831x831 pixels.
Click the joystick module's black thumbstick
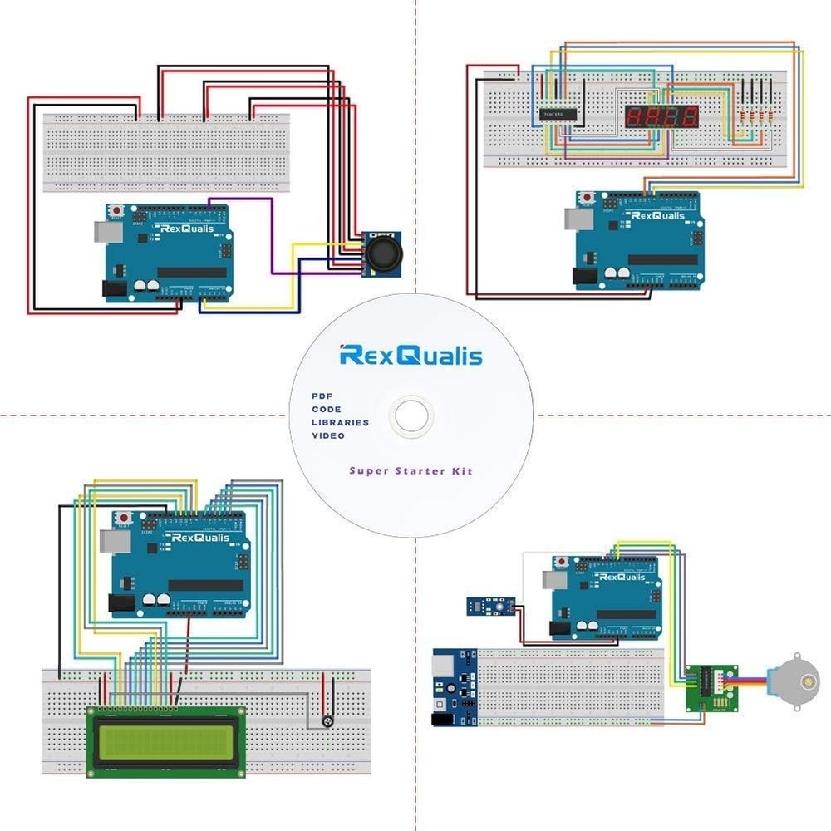(x=382, y=254)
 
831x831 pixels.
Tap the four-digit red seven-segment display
(x=661, y=116)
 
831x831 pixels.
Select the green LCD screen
(x=165, y=741)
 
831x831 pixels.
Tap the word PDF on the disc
(x=322, y=396)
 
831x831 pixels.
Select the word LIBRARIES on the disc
(x=340, y=422)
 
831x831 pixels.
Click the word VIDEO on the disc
(x=328, y=435)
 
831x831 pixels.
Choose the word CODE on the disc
(x=326, y=410)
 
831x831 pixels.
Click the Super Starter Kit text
(x=411, y=471)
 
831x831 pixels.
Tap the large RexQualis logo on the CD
(x=411, y=356)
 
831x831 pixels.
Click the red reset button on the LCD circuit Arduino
(x=124, y=517)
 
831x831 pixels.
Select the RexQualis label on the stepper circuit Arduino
(x=622, y=576)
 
